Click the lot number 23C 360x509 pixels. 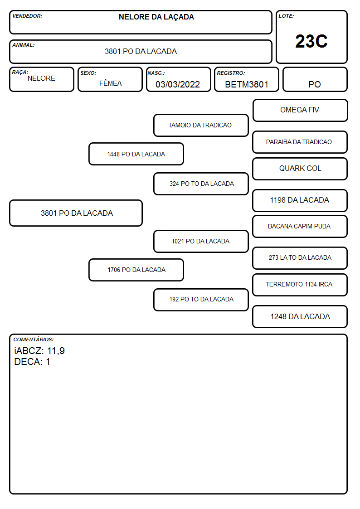pyautogui.click(x=311, y=41)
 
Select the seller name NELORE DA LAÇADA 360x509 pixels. pyautogui.click(x=156, y=17)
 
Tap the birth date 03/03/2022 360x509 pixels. pyautogui.click(x=178, y=84)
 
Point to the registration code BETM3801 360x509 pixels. pyautogui.click(x=247, y=84)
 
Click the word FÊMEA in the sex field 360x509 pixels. pyautogui.click(x=110, y=83)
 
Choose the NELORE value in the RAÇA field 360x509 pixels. pyautogui.click(x=41, y=78)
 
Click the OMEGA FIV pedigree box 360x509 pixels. pyautogui.click(x=300, y=111)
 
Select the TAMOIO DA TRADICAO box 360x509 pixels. pyautogui.click(x=201, y=125)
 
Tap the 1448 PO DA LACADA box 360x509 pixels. pyautogui.click(x=136, y=154)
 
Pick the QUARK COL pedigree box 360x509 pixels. pyautogui.click(x=300, y=169)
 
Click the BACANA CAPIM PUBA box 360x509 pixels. pyautogui.click(x=300, y=226)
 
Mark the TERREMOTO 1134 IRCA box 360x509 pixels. pyautogui.click(x=300, y=285)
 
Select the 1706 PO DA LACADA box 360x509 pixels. pyautogui.click(x=136, y=270)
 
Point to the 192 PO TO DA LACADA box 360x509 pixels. pyautogui.click(x=201, y=300)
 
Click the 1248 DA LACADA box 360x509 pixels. pyautogui.click(x=300, y=316)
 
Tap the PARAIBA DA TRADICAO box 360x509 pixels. pyautogui.click(x=300, y=142)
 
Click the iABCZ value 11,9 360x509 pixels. pyautogui.click(x=56, y=351)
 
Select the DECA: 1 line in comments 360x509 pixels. pyautogui.click(x=32, y=362)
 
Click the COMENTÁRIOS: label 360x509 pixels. pyautogui.click(x=34, y=339)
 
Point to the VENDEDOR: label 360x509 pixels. pyautogui.click(x=27, y=16)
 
